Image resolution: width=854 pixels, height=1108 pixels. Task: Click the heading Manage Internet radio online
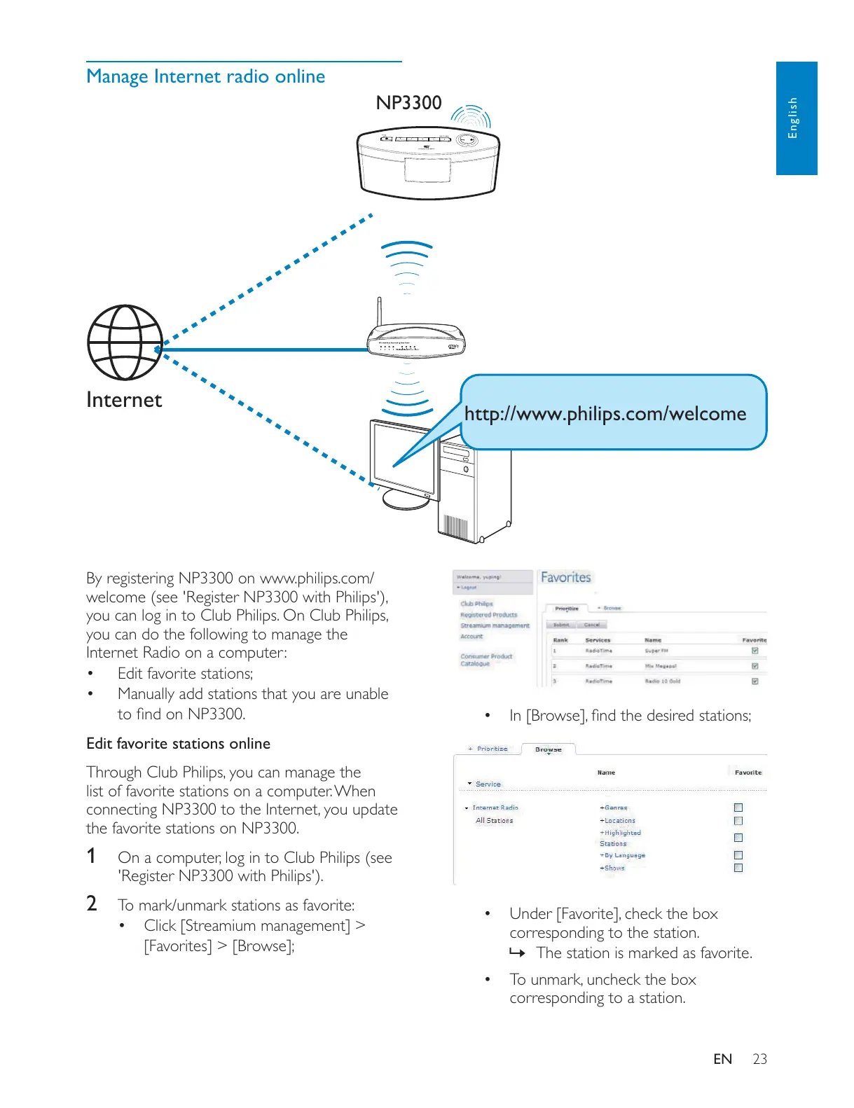(x=205, y=76)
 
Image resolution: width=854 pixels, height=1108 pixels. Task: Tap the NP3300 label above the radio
(x=408, y=103)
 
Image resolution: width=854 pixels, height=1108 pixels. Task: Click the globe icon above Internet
(x=125, y=342)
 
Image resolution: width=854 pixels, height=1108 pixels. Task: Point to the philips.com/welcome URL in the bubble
(x=605, y=414)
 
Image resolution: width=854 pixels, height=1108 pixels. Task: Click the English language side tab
(x=796, y=118)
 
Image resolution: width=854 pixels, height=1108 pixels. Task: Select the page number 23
(x=759, y=1059)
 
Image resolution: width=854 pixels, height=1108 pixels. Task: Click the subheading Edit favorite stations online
(x=178, y=744)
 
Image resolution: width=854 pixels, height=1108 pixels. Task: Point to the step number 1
(x=91, y=856)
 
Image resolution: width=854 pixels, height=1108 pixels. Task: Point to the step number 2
(x=91, y=903)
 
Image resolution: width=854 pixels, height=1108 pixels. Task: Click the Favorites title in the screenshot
(x=565, y=578)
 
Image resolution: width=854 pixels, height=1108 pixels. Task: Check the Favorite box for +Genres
(x=738, y=808)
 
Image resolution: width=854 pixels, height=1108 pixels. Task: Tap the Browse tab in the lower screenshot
(x=548, y=749)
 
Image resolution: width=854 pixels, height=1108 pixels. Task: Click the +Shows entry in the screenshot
(x=612, y=868)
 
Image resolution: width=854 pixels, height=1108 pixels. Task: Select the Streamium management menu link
(x=495, y=625)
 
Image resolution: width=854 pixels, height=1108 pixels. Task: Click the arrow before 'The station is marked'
(x=517, y=953)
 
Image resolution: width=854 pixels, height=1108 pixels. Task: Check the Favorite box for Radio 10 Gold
(x=755, y=681)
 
